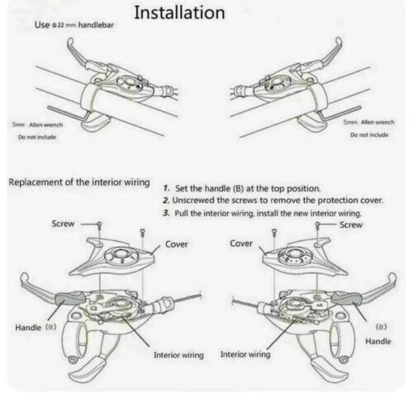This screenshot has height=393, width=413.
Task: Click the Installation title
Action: [179, 13]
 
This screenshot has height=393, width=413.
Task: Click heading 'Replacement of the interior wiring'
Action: [79, 182]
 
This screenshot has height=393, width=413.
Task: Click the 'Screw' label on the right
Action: [350, 225]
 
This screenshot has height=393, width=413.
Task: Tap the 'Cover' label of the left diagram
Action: [176, 244]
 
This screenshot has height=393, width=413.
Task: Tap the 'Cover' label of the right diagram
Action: [240, 244]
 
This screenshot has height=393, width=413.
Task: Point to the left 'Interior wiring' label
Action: [183, 355]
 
